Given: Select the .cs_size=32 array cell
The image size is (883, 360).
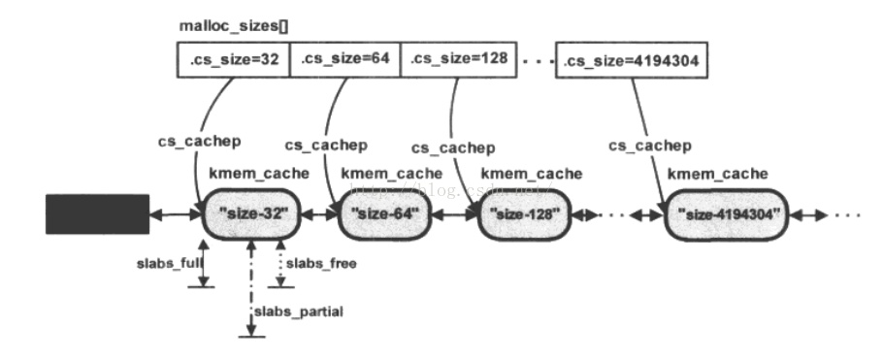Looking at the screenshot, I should click(x=233, y=60).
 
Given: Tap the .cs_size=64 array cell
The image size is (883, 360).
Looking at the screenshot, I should click(x=344, y=60).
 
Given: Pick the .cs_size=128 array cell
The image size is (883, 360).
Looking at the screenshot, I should click(x=456, y=60).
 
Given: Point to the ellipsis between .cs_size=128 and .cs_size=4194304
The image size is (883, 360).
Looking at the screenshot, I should click(x=534, y=60).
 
